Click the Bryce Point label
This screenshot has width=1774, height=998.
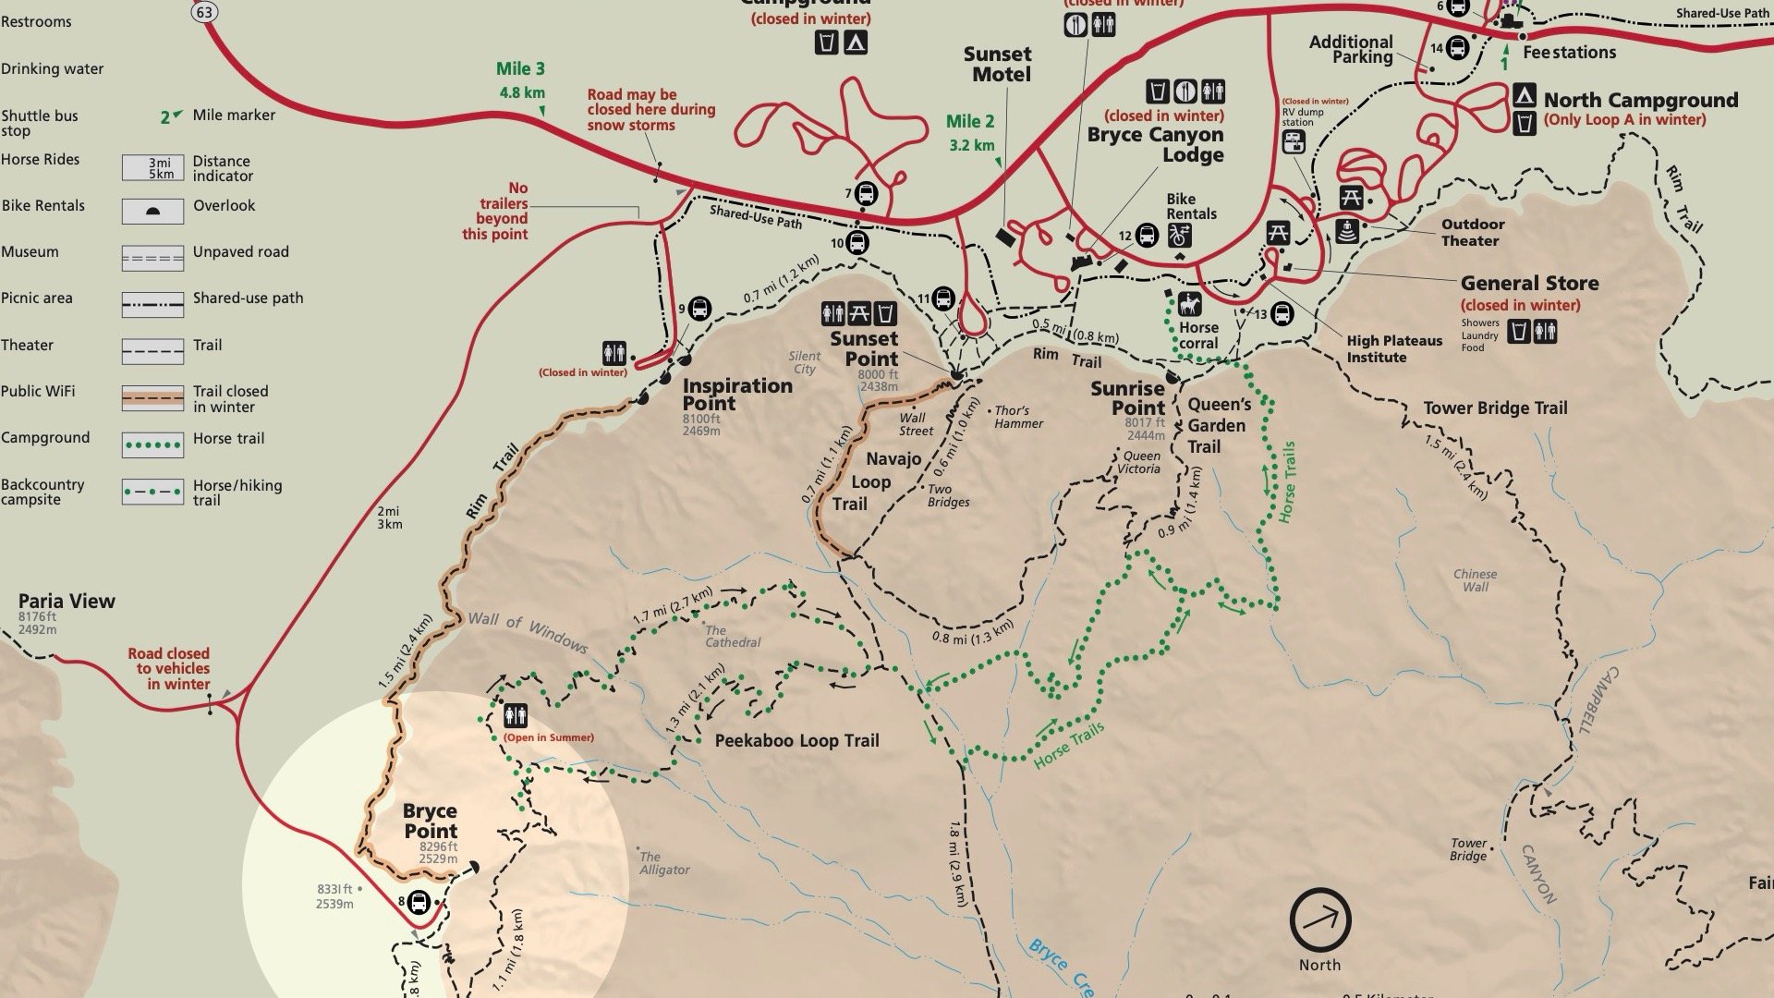click(x=431, y=821)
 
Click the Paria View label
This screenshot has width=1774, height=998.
click(x=67, y=601)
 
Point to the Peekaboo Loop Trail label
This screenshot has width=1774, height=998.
click(x=796, y=740)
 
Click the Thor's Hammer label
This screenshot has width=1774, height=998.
click(x=1018, y=417)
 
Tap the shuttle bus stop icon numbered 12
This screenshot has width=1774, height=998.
click(x=1147, y=236)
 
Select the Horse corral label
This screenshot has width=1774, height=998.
click(x=1198, y=335)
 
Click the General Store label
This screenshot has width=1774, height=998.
click(x=1529, y=283)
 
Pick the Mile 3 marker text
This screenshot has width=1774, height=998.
click(x=520, y=68)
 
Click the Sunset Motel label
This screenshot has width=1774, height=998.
click(x=997, y=64)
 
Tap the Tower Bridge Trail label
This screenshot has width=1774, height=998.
click(x=1495, y=408)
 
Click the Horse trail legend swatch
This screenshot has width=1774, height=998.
click(x=152, y=444)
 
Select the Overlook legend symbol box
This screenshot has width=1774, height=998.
click(x=152, y=212)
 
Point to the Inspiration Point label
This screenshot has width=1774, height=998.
click(x=736, y=394)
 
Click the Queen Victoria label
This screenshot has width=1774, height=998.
click(x=1140, y=462)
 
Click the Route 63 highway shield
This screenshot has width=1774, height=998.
click(x=205, y=11)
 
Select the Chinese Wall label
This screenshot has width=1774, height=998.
click(x=1475, y=579)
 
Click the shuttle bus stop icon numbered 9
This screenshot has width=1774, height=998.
click(x=699, y=309)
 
